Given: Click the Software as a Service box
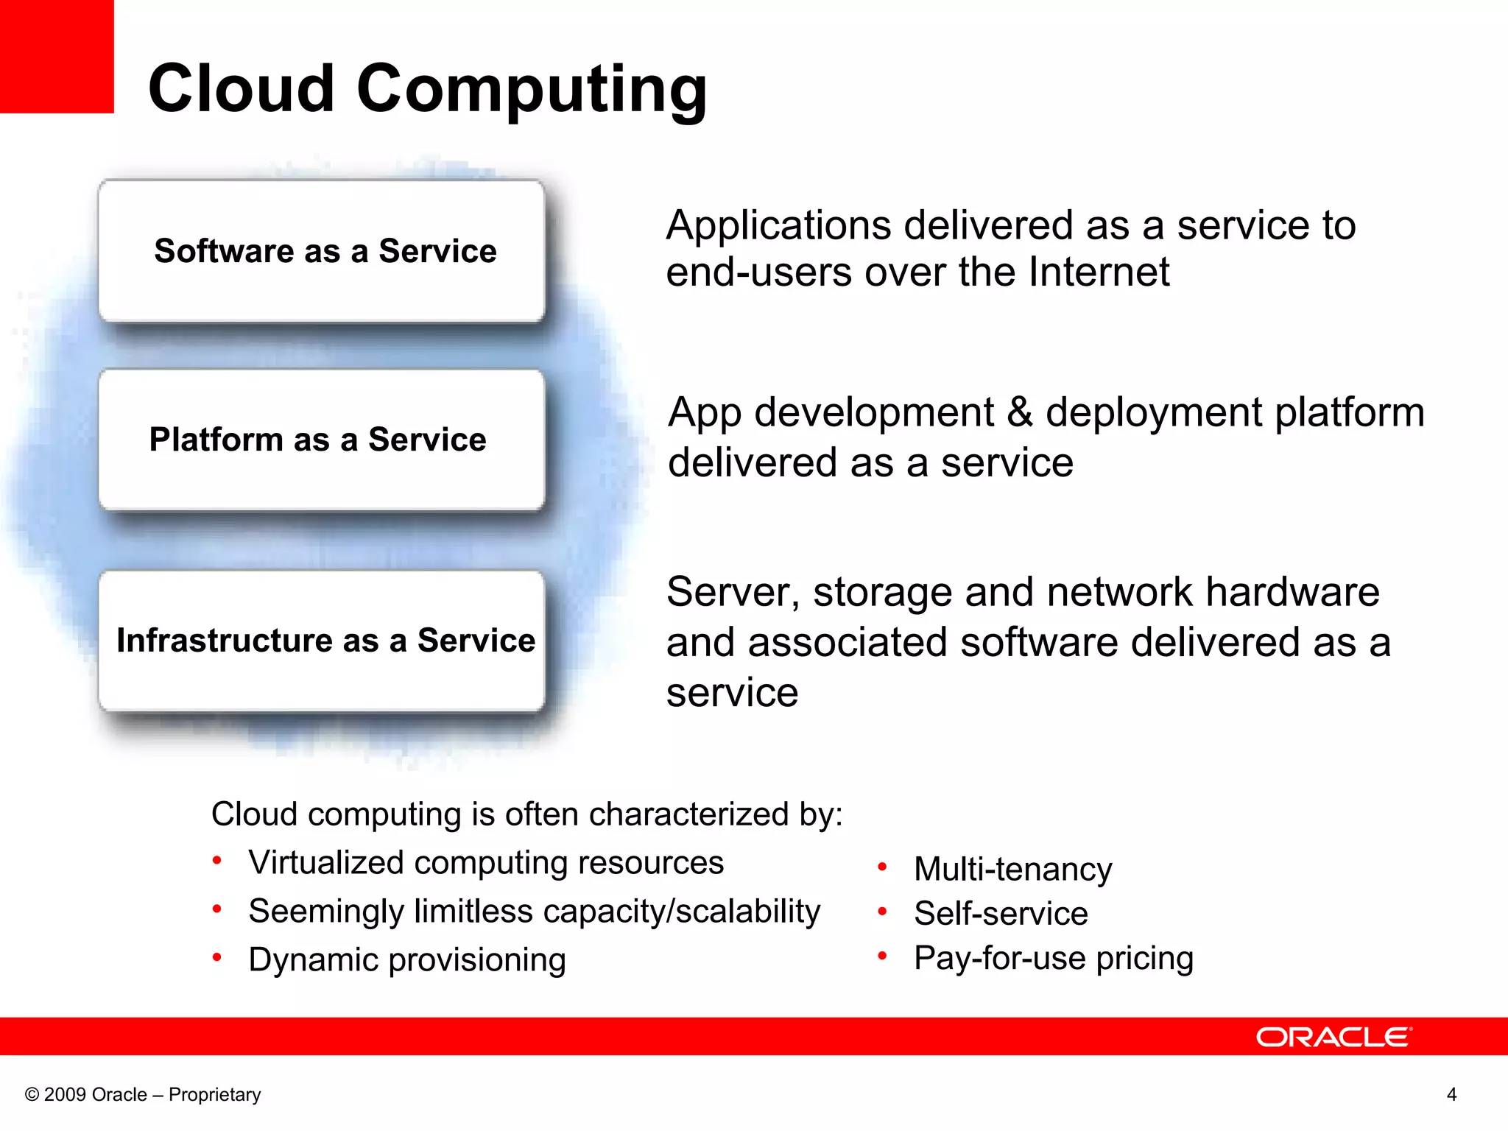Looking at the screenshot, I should [x=322, y=251].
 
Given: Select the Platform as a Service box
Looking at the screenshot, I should [x=322, y=440].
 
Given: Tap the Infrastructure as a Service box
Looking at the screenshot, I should [x=322, y=641].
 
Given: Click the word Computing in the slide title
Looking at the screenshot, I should [x=532, y=90].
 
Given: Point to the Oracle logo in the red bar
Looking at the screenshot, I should [x=1333, y=1037].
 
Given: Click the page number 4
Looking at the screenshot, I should [x=1451, y=1094].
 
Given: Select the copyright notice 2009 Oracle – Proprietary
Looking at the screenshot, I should [x=143, y=1094].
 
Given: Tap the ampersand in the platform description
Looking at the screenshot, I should [x=1020, y=412].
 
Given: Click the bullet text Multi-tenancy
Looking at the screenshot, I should [x=1012, y=870].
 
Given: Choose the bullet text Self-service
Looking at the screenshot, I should [x=1001, y=914].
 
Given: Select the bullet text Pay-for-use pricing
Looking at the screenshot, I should [x=1053, y=958].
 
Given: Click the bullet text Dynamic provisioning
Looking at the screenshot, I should [x=407, y=960].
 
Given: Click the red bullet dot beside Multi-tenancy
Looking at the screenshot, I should [x=882, y=867].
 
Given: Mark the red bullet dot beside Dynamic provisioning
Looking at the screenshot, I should [x=217, y=957].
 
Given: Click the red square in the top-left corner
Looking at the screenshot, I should [x=57, y=56].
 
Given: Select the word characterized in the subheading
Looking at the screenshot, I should [x=688, y=814].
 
